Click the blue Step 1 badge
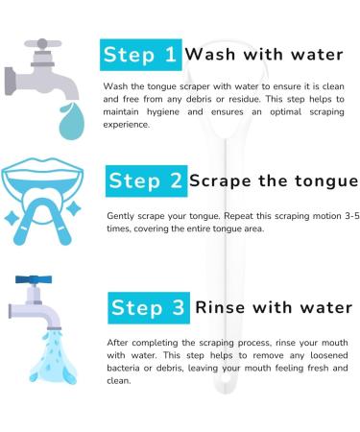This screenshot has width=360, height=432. pyautogui.click(x=140, y=55)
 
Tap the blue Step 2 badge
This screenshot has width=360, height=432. pyautogui.click(x=147, y=180)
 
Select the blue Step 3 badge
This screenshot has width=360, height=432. pyautogui.click(x=147, y=308)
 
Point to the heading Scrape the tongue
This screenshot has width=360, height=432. pyautogui.click(x=274, y=180)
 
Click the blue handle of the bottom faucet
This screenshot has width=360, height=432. pyautogui.click(x=35, y=280)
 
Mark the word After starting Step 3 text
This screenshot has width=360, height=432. pyautogui.click(x=118, y=344)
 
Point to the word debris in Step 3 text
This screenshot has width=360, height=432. pyautogui.click(x=176, y=369)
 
